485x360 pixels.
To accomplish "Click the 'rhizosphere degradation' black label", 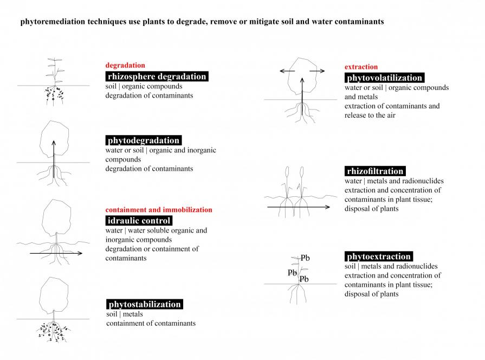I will (157, 76).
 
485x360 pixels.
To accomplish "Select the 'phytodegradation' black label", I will (143, 140).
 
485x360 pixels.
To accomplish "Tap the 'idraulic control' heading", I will (139, 221).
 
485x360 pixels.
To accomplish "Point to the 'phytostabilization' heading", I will (144, 304).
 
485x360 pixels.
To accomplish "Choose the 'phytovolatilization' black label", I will (385, 78).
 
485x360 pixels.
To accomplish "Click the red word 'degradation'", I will (125, 66).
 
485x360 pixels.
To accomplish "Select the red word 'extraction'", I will (361, 67).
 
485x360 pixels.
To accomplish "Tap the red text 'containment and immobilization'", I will (159, 210).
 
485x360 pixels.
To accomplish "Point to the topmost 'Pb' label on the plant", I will (305, 258).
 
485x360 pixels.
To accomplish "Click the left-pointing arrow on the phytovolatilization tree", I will (286, 71).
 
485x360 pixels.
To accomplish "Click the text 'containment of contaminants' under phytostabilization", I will (151, 324).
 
